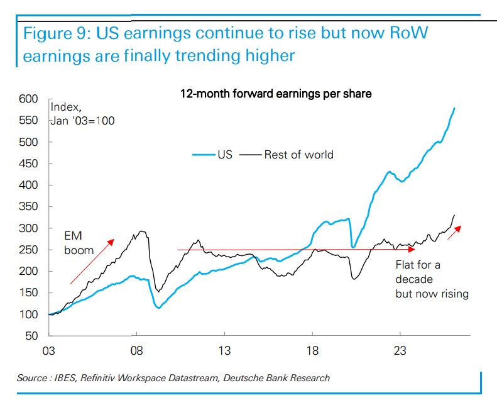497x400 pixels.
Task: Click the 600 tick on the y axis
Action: click(30, 99)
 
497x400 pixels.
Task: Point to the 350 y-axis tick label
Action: click(30, 207)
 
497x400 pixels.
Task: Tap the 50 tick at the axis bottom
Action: click(33, 336)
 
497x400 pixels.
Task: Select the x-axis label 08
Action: click(136, 350)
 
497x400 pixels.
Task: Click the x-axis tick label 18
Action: click(312, 350)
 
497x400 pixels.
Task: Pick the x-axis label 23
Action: click(400, 350)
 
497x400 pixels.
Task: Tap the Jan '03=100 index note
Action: click(82, 120)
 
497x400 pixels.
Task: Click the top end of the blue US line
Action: click(455, 109)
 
